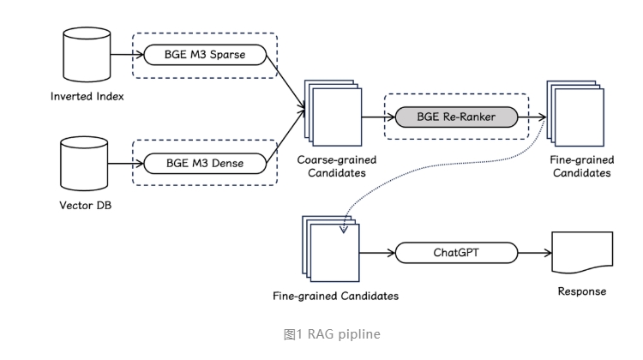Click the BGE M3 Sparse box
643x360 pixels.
pyautogui.click(x=205, y=55)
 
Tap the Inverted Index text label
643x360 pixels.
pyautogui.click(x=86, y=96)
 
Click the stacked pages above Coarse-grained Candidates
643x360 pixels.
pyautogui.click(x=334, y=116)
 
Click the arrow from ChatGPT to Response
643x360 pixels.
pyautogui.click(x=534, y=253)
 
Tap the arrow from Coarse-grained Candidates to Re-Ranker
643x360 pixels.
pyautogui.click(x=374, y=115)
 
